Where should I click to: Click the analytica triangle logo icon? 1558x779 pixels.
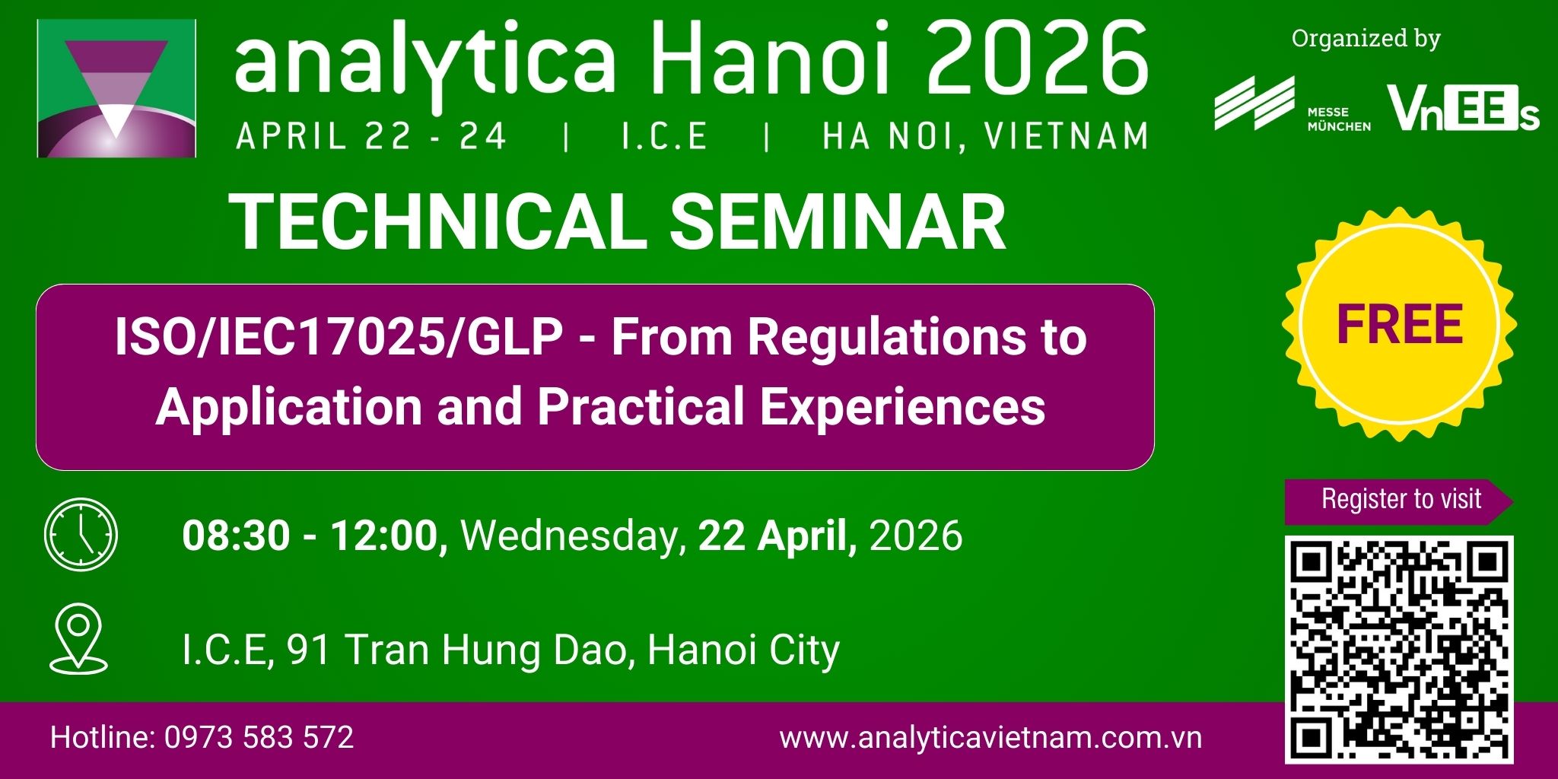tap(116, 88)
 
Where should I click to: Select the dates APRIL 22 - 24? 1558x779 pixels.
tap(371, 137)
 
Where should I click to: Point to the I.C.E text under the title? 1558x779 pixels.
tap(664, 137)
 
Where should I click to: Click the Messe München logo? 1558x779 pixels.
tap(1293, 105)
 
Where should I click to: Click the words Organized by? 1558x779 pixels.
tap(1366, 38)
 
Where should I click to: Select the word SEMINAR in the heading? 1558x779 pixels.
tap(838, 222)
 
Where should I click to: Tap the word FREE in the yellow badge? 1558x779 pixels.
tap(1400, 325)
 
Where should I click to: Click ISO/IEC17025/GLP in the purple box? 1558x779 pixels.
tap(339, 337)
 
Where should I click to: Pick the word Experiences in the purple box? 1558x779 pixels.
tap(902, 408)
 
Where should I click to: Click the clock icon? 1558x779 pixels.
tap(81, 535)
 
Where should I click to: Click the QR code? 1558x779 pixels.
tap(1399, 650)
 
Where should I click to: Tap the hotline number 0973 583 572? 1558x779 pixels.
tap(259, 738)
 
